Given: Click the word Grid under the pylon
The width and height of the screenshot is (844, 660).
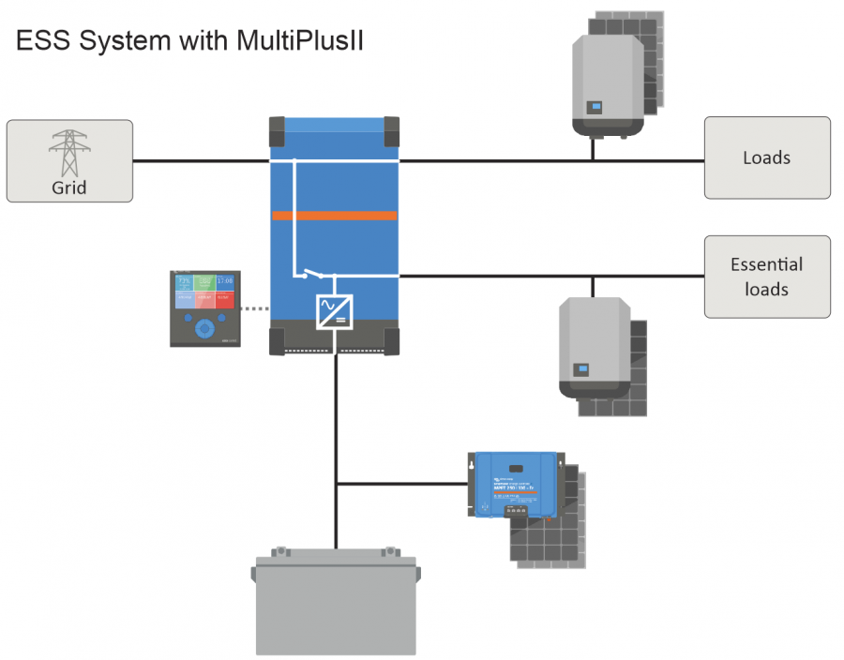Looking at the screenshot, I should click(x=68, y=187).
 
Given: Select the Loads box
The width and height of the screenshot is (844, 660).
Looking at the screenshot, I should click(x=766, y=157).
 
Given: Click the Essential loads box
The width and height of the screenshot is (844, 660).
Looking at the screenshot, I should click(x=766, y=277).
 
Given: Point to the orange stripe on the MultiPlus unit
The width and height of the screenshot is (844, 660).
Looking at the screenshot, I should click(x=335, y=217).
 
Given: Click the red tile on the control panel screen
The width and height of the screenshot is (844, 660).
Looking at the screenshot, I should click(x=225, y=300).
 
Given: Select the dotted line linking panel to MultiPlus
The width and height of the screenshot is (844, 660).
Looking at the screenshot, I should click(x=255, y=307).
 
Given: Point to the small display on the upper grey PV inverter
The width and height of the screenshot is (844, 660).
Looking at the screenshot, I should click(x=595, y=107).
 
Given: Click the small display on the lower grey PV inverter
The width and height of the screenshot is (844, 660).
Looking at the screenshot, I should click(x=581, y=368).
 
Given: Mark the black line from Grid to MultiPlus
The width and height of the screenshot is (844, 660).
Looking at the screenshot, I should click(x=201, y=160).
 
